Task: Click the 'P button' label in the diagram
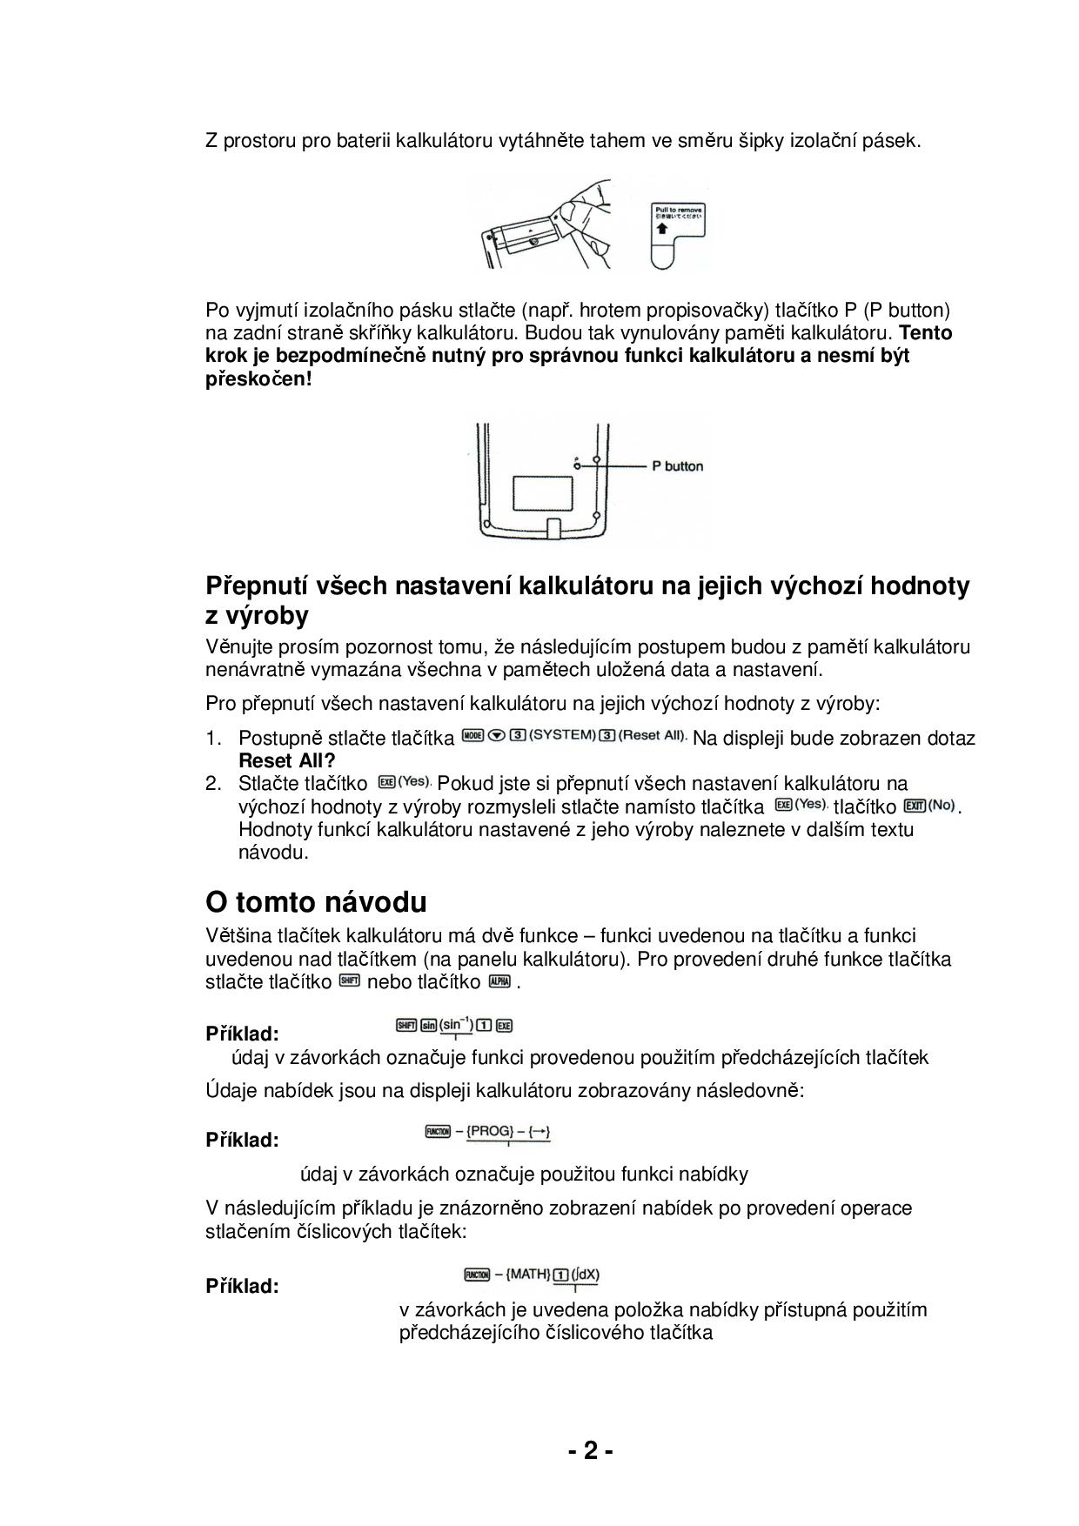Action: tap(677, 466)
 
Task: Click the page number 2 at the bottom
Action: tap(591, 1451)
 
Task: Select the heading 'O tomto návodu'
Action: tap(316, 902)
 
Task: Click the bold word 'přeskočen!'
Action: tap(258, 379)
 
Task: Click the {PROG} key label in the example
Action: tap(493, 1132)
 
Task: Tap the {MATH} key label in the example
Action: tap(528, 1275)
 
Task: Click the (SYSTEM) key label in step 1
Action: tap(562, 735)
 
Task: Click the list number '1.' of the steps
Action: tap(214, 739)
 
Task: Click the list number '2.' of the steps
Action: tap(214, 784)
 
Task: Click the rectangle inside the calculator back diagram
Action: tap(543, 492)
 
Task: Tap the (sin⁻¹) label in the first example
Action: tap(456, 1025)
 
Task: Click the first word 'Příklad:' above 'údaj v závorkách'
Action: tap(242, 1034)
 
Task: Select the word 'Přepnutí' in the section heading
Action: tap(252, 586)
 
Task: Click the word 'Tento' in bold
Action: tap(926, 333)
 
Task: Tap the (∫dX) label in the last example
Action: tap(585, 1275)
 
